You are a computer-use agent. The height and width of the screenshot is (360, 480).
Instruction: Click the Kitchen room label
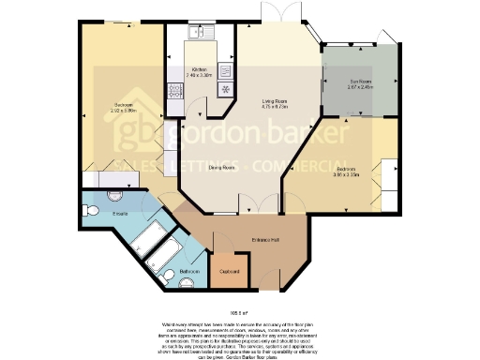click(200, 70)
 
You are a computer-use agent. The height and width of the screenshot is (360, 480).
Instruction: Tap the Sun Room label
click(360, 81)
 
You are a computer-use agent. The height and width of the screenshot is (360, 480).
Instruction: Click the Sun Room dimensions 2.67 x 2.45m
click(360, 87)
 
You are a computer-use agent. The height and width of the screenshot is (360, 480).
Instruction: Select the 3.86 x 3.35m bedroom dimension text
click(346, 174)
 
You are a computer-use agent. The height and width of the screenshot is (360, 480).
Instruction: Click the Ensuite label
click(120, 215)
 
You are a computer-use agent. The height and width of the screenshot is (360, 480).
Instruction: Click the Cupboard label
click(230, 272)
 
